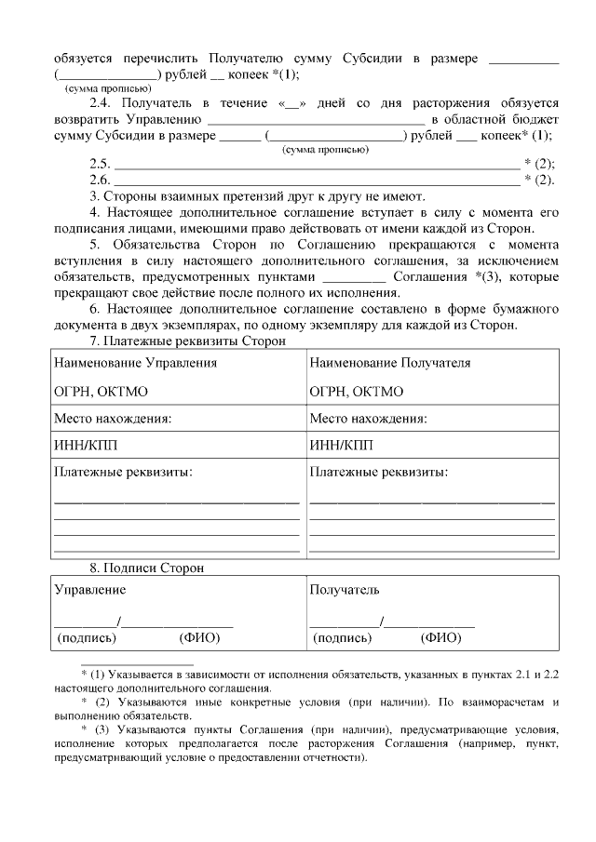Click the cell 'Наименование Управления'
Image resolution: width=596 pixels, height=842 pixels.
(x=136, y=363)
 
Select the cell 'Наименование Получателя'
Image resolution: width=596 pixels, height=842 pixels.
(x=389, y=363)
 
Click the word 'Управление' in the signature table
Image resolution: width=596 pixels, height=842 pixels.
(x=90, y=590)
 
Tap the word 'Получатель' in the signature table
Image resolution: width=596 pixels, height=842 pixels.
(x=345, y=590)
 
